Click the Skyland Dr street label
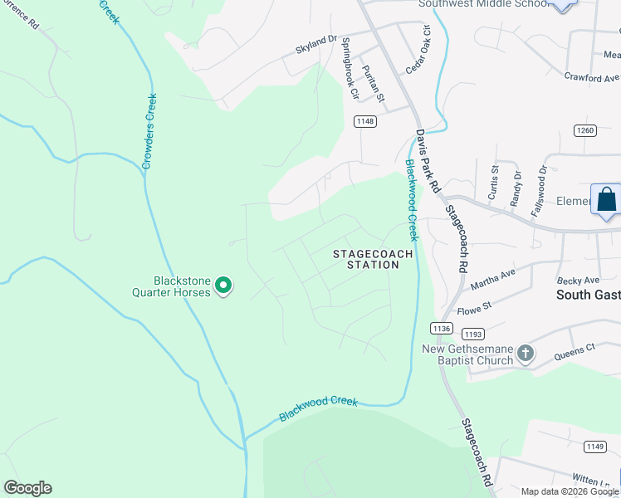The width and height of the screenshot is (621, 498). [x=316, y=44]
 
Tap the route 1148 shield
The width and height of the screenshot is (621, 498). [x=364, y=121]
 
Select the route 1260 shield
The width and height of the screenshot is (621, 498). [x=585, y=130]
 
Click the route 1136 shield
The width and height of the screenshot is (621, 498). [x=442, y=329]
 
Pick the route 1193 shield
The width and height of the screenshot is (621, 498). [x=472, y=334]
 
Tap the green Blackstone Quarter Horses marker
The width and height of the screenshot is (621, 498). [x=222, y=286]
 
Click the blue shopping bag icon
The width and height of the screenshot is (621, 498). [x=607, y=199]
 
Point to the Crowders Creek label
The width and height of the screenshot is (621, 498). [x=149, y=131]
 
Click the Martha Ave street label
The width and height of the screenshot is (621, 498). [x=493, y=279]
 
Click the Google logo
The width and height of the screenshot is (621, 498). [x=27, y=488]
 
